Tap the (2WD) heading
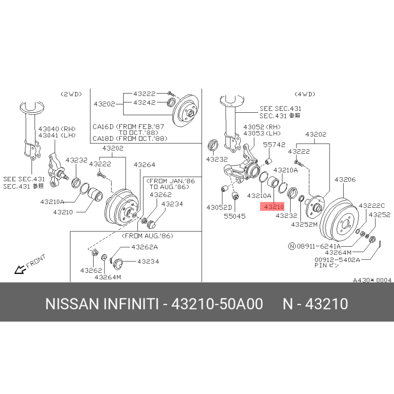(71, 94)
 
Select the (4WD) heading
(305, 94)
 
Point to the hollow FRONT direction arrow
(20, 269)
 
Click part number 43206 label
(345, 179)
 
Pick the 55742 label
(274, 144)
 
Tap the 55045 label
(235, 216)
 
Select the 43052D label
(219, 207)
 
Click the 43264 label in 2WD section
(144, 164)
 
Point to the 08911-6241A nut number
(319, 246)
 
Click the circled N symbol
(292, 246)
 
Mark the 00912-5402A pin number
(337, 260)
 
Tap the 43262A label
(144, 247)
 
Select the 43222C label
(372, 205)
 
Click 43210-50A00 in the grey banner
(217, 303)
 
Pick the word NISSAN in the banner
(72, 303)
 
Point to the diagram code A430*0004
(372, 280)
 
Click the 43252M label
(304, 225)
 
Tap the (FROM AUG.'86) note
(148, 236)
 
